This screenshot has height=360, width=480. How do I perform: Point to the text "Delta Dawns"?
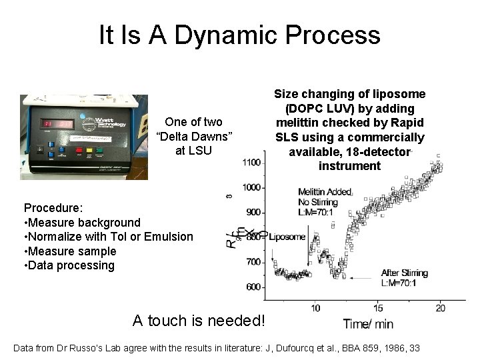[x=193, y=136]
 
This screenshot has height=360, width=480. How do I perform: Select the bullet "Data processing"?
[x=69, y=265]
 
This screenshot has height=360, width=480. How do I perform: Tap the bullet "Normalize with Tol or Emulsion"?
[x=108, y=237]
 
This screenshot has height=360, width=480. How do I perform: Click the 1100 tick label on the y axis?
[x=251, y=163]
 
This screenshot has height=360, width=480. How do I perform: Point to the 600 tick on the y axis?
[x=254, y=287]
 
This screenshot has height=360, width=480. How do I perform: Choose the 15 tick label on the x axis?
[x=378, y=307]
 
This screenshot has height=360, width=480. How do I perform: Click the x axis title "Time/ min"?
[x=369, y=325]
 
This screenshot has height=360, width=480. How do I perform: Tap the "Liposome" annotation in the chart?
[x=288, y=237]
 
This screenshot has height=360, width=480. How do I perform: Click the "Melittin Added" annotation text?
[x=325, y=192]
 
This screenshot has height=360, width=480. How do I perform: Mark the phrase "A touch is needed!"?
[x=199, y=321]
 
